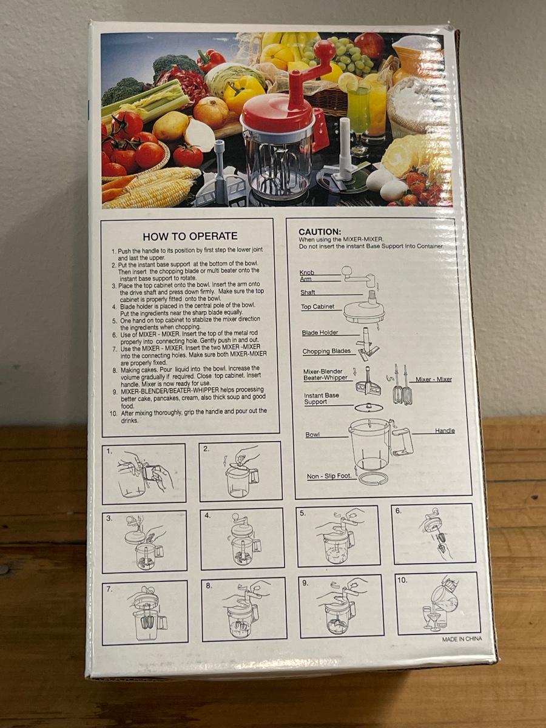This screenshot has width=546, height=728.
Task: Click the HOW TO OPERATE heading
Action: (x=190, y=236)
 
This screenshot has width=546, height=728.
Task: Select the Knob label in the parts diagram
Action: (x=306, y=272)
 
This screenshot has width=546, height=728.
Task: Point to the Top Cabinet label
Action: (x=317, y=306)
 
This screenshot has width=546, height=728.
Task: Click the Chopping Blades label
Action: (x=326, y=351)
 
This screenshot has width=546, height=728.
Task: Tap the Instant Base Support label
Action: (x=320, y=399)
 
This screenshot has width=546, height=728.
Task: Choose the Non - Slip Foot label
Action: (x=329, y=476)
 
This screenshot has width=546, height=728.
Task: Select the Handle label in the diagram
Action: (x=445, y=431)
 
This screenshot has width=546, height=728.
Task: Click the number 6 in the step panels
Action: (x=398, y=511)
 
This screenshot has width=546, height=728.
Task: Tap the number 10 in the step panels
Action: (x=402, y=581)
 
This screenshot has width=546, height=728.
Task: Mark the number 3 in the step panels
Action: (x=109, y=518)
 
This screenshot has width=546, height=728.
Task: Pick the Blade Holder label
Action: (x=320, y=332)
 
